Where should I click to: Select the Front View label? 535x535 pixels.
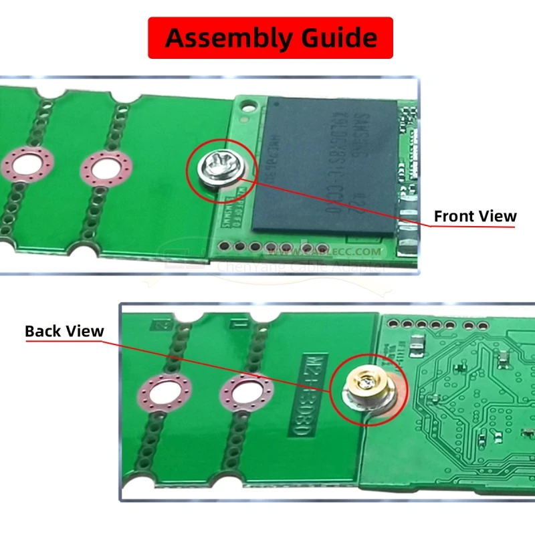point(475,216)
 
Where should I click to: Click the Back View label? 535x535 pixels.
point(64,331)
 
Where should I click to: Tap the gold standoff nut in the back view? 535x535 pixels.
point(368,386)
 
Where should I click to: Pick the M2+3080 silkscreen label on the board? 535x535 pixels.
point(312,397)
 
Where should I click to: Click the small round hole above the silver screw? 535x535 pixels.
point(249,105)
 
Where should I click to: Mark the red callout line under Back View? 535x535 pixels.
point(64,342)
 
